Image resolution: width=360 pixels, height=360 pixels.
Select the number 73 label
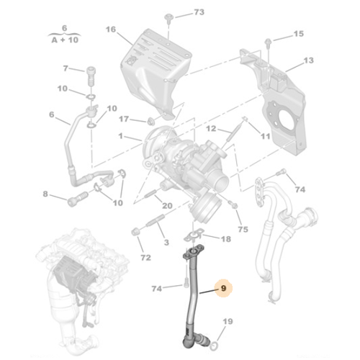click(x=199, y=13)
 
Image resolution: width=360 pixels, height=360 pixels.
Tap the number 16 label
click(x=110, y=30)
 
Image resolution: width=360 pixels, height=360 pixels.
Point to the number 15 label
click(x=298, y=33)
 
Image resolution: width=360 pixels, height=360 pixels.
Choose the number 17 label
click(x=124, y=119)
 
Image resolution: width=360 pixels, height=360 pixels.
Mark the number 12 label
click(x=211, y=128)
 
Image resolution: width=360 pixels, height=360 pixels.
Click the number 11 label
click(x=265, y=135)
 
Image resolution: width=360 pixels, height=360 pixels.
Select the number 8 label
click(x=45, y=194)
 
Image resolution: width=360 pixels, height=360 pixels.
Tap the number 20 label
click(x=166, y=206)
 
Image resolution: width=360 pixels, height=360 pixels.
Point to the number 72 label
click(x=146, y=257)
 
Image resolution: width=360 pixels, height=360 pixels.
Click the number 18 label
click(x=225, y=238)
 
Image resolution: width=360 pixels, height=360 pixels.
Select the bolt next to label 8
click(x=74, y=201)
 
